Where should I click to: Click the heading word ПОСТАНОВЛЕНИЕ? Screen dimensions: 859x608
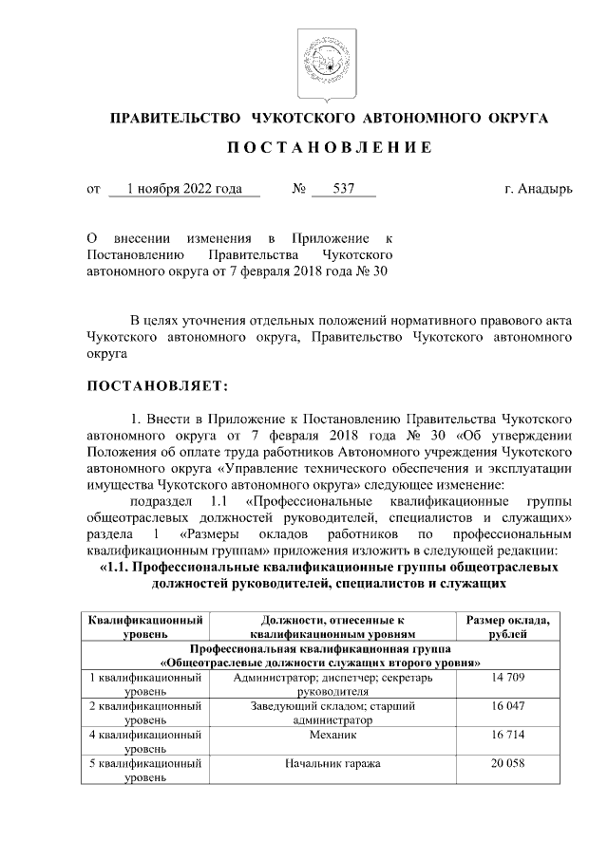point(318,148)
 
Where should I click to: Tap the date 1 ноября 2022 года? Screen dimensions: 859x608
point(184,189)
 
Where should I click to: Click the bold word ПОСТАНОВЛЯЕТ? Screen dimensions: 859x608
point(157,386)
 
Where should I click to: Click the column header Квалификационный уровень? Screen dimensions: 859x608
point(145,626)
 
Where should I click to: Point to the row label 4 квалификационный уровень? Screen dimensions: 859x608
point(145,742)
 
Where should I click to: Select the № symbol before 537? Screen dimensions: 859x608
point(298,189)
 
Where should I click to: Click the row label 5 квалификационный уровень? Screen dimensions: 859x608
point(145,771)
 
